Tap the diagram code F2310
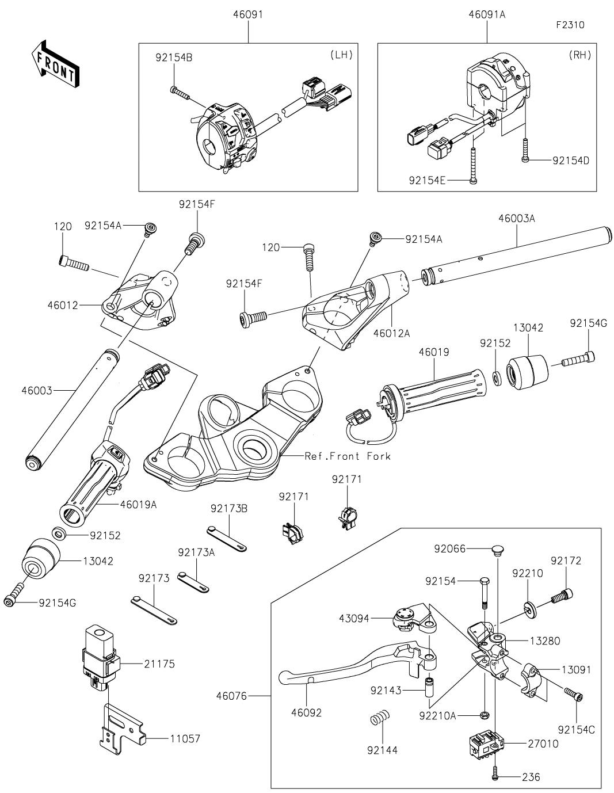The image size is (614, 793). click(570, 25)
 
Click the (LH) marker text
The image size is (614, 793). click(341, 55)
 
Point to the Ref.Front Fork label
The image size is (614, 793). click(348, 456)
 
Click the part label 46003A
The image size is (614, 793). click(516, 219)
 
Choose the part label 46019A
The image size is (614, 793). click(138, 505)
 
